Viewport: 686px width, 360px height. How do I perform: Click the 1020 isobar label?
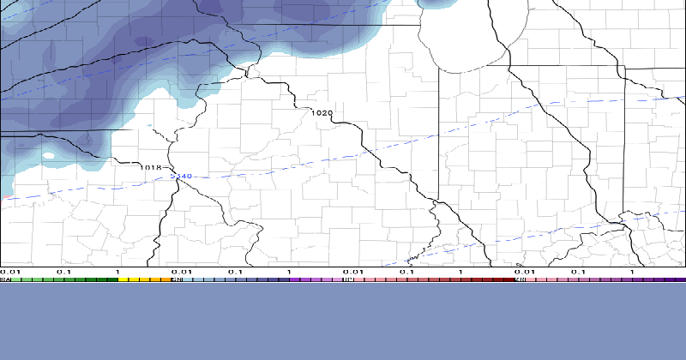pos(322,113)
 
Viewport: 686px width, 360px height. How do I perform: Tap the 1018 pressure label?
pos(151,167)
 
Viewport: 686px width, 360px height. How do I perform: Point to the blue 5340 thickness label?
pos(181,177)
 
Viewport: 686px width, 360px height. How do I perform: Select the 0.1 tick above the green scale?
pos(63,272)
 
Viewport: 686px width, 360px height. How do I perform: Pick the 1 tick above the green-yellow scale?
pos(117,272)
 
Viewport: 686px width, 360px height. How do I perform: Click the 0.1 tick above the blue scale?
pos(235,272)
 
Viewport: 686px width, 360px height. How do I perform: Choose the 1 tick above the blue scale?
pos(289,272)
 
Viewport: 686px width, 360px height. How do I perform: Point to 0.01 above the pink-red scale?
pos(351,272)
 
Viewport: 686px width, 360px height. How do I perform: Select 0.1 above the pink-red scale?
pos(406,272)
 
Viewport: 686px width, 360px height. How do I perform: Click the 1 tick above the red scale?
pos(460,272)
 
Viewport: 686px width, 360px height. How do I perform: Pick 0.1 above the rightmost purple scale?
pos(578,272)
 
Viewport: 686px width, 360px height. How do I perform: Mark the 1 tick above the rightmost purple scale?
pos(632,272)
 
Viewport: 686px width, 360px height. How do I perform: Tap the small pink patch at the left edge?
pos(3,196)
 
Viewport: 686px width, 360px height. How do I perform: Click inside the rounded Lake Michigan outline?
pos(463,39)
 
